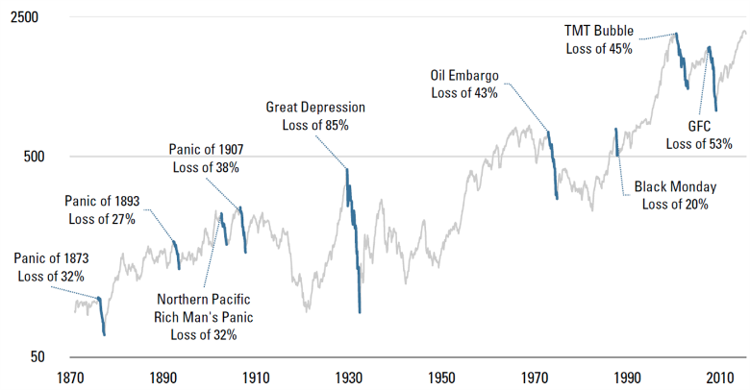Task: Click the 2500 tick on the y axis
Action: point(24,19)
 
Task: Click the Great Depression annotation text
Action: point(315,108)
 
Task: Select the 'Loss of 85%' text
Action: point(315,125)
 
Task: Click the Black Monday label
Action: point(671,186)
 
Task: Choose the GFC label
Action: point(699,126)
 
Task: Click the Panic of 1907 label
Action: point(206,150)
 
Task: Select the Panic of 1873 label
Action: point(51,258)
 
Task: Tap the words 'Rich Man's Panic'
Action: point(203,317)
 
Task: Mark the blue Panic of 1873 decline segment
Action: point(101,315)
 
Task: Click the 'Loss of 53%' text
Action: point(699,143)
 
